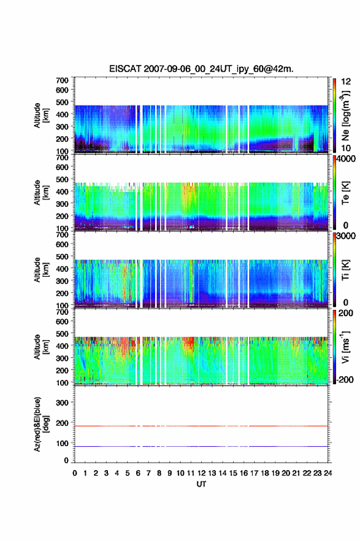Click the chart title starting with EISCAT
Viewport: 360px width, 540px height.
click(201, 69)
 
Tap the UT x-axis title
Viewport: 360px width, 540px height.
click(201, 484)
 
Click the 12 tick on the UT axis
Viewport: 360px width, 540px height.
click(201, 473)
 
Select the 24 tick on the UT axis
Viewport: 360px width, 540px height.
click(327, 473)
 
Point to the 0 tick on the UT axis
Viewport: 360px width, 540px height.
click(75, 473)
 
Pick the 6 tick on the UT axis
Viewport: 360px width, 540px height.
click(138, 473)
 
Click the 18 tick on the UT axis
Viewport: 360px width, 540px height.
click(265, 473)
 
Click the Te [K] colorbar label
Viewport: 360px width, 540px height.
click(345, 193)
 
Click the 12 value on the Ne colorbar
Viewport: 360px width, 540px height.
click(346, 82)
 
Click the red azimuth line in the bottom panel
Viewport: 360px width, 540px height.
click(201, 426)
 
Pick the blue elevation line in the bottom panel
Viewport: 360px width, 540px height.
click(201, 446)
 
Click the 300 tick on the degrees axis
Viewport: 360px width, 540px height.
click(62, 403)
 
